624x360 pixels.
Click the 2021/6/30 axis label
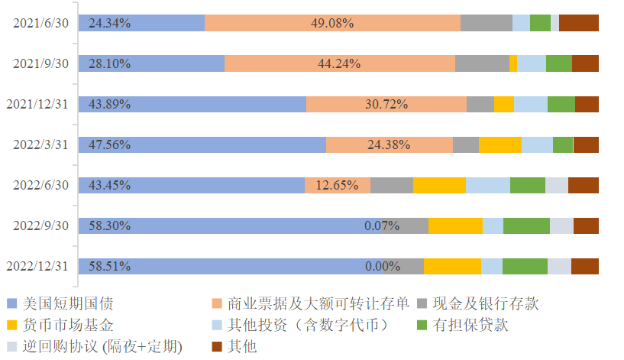tap(41, 23)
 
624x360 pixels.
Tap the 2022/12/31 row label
tap(38, 267)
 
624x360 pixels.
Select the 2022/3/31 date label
tap(41, 144)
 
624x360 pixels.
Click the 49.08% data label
tap(331, 23)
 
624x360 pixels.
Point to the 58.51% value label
tap(109, 267)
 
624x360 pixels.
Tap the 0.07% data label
tap(382, 225)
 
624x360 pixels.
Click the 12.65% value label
tap(337, 185)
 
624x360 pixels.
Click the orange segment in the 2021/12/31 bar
tap(386, 104)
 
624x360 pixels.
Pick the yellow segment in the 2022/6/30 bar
tap(439, 185)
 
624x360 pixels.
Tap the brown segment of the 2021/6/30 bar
tap(578, 23)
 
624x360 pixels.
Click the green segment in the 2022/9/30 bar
tap(526, 225)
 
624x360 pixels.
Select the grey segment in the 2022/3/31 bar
tap(466, 144)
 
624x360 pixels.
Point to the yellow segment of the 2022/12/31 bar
tap(452, 267)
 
